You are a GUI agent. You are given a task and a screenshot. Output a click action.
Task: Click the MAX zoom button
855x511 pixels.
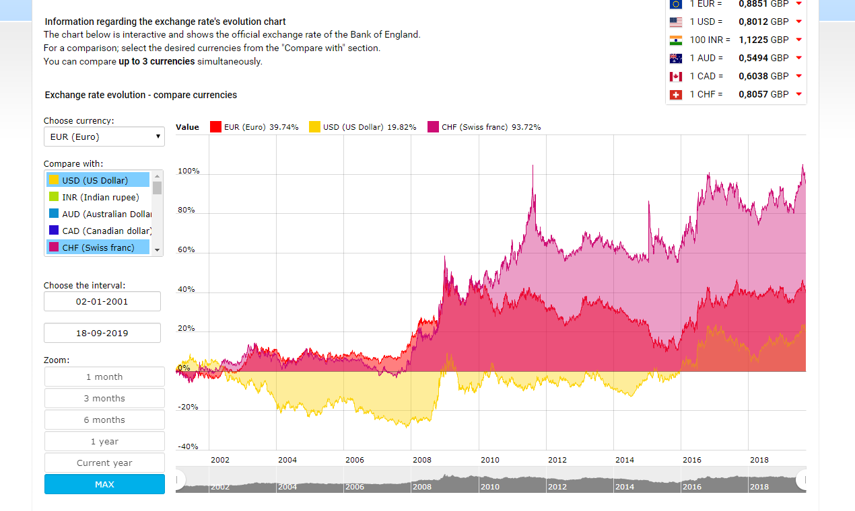click(x=104, y=484)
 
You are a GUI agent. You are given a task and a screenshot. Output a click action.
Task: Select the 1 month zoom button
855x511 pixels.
click(x=104, y=377)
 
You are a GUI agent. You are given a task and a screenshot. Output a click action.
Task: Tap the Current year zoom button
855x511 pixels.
click(x=104, y=463)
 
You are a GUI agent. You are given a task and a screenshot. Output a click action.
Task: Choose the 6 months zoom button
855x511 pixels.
click(x=104, y=420)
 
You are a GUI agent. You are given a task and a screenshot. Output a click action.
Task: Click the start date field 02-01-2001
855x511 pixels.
click(x=102, y=301)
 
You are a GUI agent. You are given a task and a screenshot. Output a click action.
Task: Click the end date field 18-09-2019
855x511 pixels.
click(x=102, y=333)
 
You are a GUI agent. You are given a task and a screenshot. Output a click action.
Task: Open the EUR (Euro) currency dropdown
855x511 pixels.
click(x=104, y=136)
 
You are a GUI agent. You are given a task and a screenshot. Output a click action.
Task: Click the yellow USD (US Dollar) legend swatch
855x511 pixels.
click(x=314, y=127)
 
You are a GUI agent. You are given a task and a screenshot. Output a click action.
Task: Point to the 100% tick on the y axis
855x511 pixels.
click(x=189, y=171)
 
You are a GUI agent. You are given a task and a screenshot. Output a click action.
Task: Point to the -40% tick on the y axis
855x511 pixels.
click(x=189, y=446)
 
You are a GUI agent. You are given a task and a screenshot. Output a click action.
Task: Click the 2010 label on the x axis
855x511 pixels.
click(x=490, y=460)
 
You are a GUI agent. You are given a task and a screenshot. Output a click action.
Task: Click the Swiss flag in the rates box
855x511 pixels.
click(x=676, y=95)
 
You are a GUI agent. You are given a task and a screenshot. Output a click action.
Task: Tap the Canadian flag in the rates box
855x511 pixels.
click(x=676, y=77)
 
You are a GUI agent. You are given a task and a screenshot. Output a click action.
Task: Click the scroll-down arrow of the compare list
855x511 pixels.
click(x=158, y=250)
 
